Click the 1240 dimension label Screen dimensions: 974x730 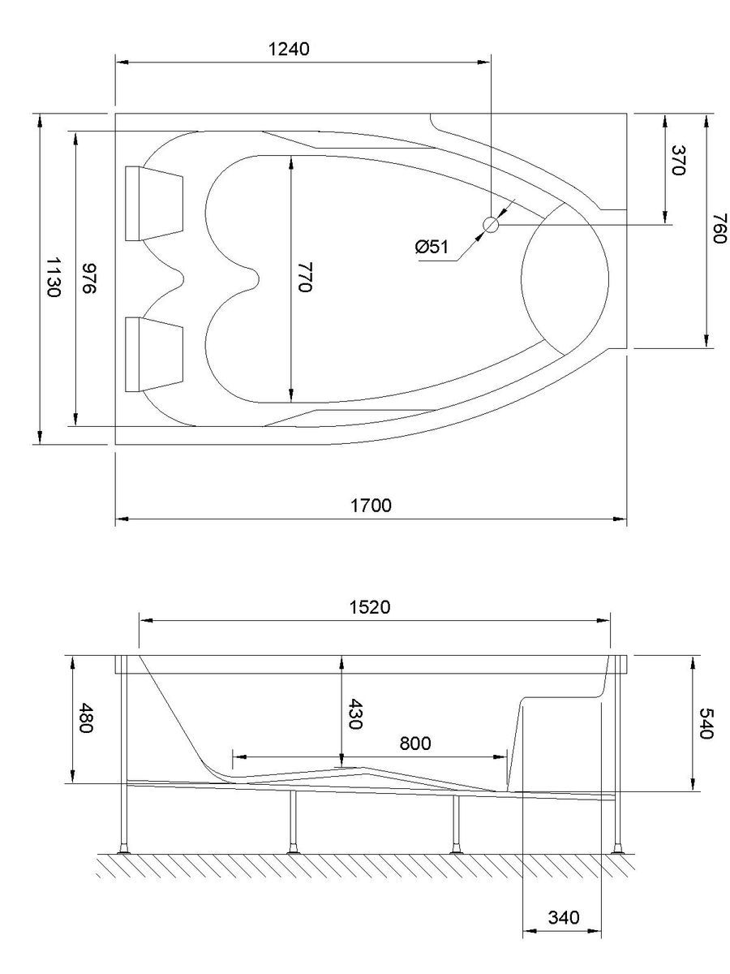pos(289,49)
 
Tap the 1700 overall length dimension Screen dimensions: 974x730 pos(372,506)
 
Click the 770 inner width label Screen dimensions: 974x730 pos(303,277)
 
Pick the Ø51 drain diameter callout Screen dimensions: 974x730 pos(432,247)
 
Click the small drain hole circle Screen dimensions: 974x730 pos(491,225)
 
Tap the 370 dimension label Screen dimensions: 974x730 pos(680,161)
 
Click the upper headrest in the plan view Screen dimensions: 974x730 pos(154,203)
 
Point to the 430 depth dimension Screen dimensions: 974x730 pos(354,713)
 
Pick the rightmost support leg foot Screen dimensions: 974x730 pos(619,851)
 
